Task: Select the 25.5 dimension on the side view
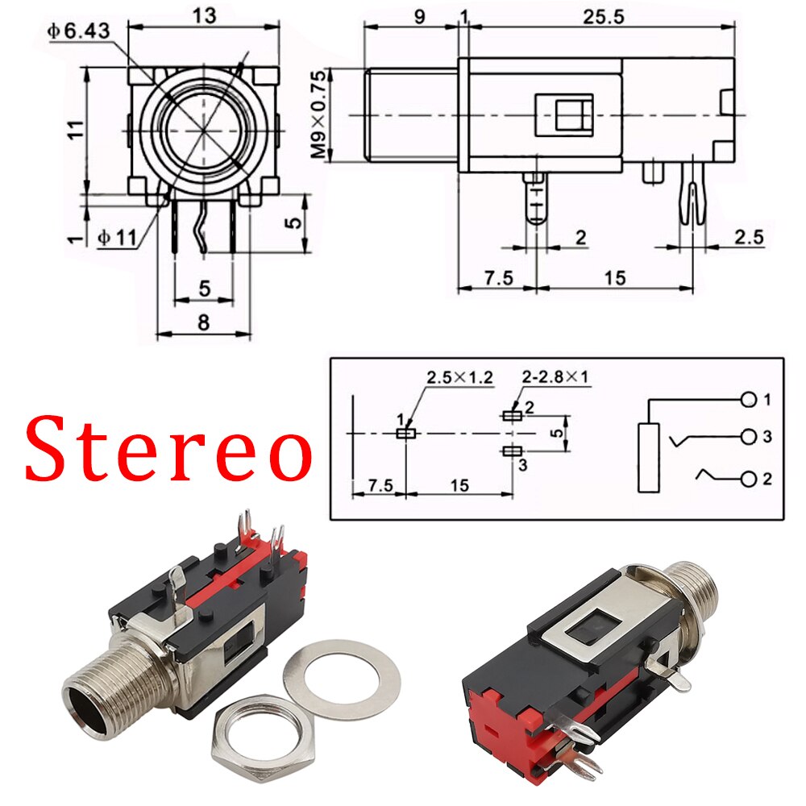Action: click(605, 18)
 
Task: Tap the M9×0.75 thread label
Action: click(320, 114)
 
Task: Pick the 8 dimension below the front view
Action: click(203, 322)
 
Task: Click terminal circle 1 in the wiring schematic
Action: click(749, 400)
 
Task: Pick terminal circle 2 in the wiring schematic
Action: click(749, 479)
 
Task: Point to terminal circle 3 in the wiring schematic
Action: click(749, 437)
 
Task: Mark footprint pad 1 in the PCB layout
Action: click(406, 433)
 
